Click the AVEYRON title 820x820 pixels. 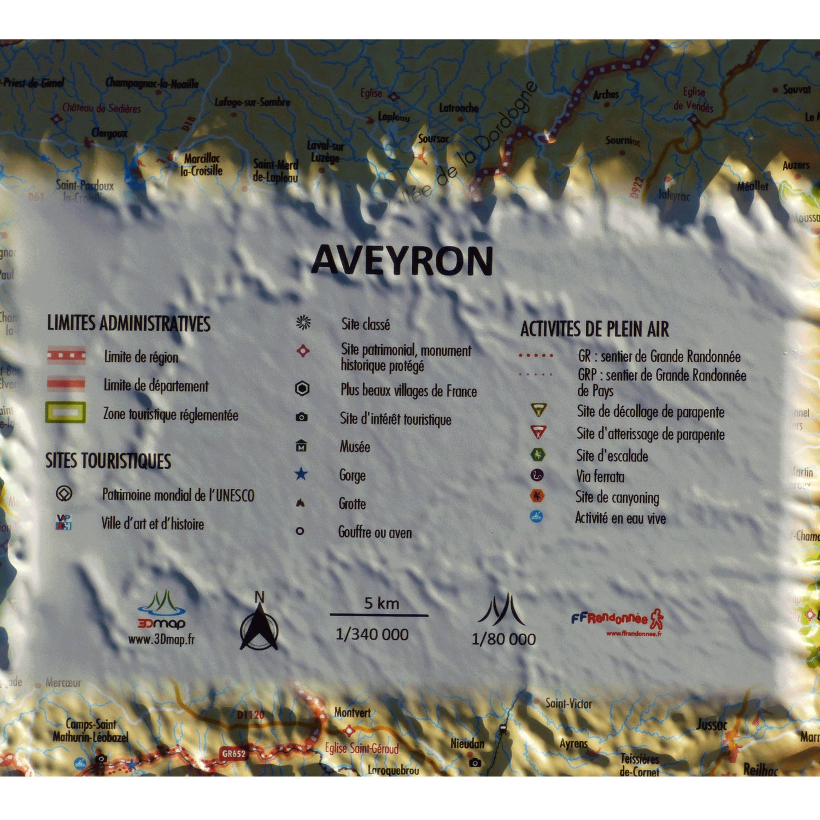click(x=402, y=261)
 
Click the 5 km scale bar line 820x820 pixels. click(x=379, y=616)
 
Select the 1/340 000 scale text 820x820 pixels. click(x=372, y=635)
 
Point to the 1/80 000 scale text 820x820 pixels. click(x=503, y=639)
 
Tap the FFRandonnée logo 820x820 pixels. click(x=618, y=620)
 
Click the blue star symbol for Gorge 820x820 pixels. click(x=301, y=474)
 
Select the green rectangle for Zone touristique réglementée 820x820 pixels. click(x=66, y=413)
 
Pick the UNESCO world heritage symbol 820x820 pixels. click(x=64, y=494)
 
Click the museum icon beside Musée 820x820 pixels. click(x=301, y=446)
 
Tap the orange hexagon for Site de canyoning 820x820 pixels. click(x=537, y=496)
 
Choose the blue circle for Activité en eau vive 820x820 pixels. click(x=536, y=517)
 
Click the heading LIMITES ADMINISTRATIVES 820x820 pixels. click(x=128, y=324)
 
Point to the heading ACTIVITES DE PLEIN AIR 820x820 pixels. click(x=594, y=329)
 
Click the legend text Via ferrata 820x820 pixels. click(x=600, y=477)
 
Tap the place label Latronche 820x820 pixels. click(x=459, y=108)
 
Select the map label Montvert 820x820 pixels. click(x=353, y=713)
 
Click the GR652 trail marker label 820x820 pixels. click(x=233, y=754)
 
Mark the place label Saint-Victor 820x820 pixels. click(x=569, y=704)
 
